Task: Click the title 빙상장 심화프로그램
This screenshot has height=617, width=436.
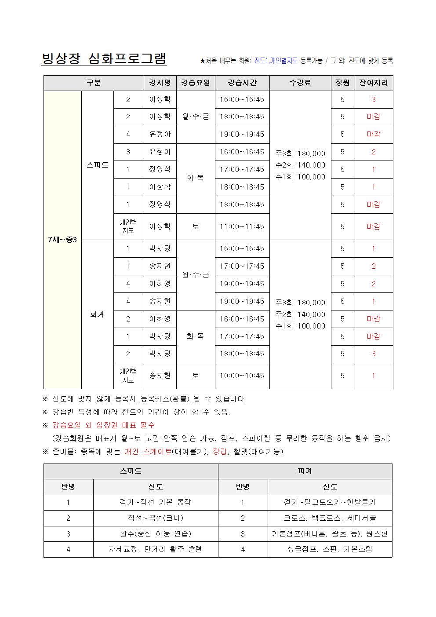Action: tap(104, 58)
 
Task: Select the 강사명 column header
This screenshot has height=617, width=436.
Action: tap(160, 83)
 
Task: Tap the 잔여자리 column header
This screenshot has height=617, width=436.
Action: tap(374, 83)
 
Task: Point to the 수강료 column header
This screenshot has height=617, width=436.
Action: tap(300, 83)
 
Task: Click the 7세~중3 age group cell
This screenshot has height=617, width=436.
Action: tap(62, 240)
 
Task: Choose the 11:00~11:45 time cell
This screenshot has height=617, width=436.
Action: tap(242, 226)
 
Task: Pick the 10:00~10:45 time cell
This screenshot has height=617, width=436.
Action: tap(242, 376)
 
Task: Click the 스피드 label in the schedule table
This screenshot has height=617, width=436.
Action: tap(97, 165)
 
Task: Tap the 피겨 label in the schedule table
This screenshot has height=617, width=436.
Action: tap(97, 314)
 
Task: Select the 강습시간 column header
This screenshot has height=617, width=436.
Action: tap(242, 83)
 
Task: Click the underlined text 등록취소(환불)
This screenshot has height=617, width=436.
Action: tap(165, 399)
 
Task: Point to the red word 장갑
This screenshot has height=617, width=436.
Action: tap(220, 451)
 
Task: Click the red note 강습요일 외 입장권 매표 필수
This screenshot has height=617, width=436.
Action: tap(103, 425)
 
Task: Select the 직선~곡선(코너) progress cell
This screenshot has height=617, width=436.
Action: tap(156, 518)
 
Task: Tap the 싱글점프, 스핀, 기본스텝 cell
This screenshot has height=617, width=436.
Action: tap(330, 549)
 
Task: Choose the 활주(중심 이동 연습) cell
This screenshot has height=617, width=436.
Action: tap(156, 533)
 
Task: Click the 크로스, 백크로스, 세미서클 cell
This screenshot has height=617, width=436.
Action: tap(330, 518)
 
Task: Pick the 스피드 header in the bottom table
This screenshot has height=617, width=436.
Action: tap(131, 471)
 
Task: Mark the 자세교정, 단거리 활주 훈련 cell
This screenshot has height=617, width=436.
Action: tap(156, 549)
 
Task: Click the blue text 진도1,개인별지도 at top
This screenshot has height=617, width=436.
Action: tap(276, 61)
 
